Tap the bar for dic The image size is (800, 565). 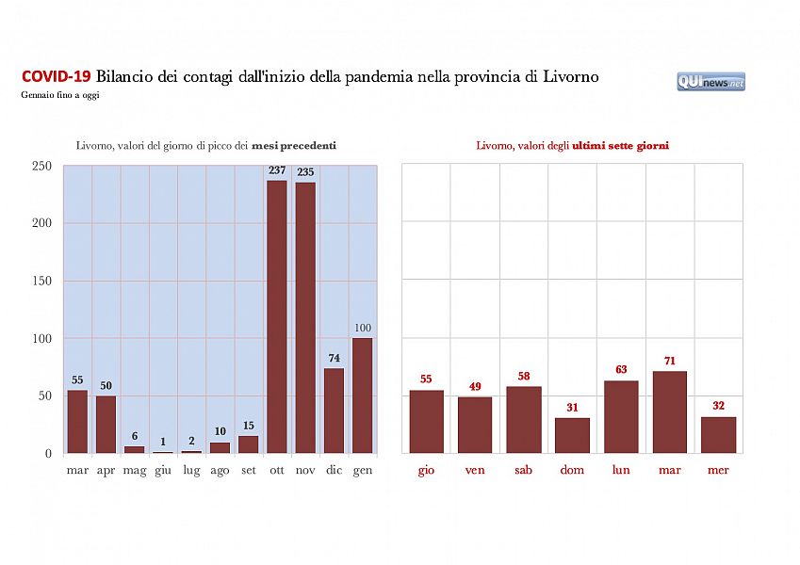pos(335,411)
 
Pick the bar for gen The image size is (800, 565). pos(363,395)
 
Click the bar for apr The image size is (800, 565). pos(106,424)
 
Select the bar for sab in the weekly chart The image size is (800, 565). pos(524,419)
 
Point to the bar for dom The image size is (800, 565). pos(573,435)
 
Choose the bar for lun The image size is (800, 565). pos(622,416)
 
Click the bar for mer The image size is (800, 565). pos(719,434)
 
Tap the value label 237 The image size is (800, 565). pos(277,170)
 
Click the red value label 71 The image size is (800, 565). pos(670,361)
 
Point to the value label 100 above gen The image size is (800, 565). pos(363,328)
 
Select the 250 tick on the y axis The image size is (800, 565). pos(41,166)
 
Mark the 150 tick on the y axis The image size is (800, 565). pos(41,281)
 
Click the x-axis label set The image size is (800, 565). pos(249,470)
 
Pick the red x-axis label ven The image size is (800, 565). pos(475,470)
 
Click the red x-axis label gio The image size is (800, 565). pos(426,470)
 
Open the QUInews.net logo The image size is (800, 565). pos(710,82)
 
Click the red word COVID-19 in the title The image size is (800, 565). pos(56,76)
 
